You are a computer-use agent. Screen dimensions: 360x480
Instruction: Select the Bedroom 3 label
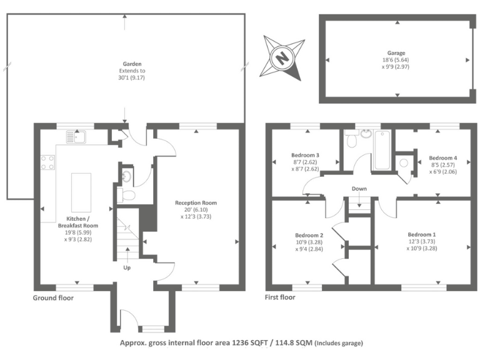tap(306, 154)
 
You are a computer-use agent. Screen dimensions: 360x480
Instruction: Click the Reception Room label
tap(196, 202)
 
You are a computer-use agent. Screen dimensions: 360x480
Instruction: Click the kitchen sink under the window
tap(79, 136)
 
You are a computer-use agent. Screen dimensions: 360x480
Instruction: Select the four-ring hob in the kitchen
tap(47, 162)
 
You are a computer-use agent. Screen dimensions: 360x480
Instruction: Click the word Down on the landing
tap(359, 189)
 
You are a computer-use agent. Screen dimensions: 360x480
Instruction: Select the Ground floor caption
tap(53, 298)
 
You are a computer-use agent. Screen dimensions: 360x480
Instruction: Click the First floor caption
tap(280, 297)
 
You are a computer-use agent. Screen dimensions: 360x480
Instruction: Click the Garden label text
tap(132, 64)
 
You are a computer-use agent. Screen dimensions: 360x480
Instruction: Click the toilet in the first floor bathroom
tap(352, 141)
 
